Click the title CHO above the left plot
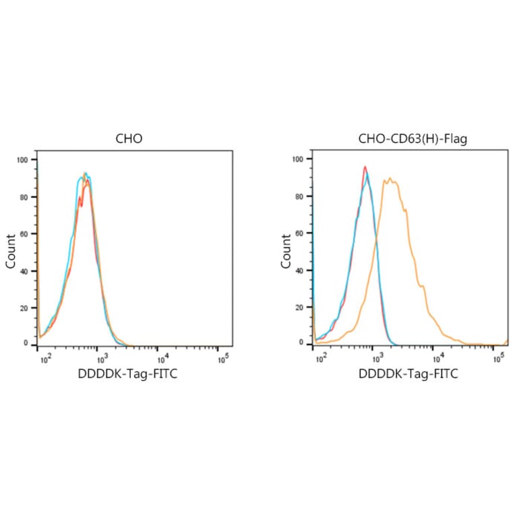click(x=129, y=140)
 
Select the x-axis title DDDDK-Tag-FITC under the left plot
click(x=129, y=373)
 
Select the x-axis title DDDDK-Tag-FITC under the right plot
click(x=408, y=373)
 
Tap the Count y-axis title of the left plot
click(x=11, y=251)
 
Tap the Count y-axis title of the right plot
click(x=286, y=251)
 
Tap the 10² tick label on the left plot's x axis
click(x=45, y=358)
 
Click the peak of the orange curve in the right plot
click(x=390, y=179)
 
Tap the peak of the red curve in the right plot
click(x=365, y=166)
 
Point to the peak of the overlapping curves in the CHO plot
click(x=85, y=174)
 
